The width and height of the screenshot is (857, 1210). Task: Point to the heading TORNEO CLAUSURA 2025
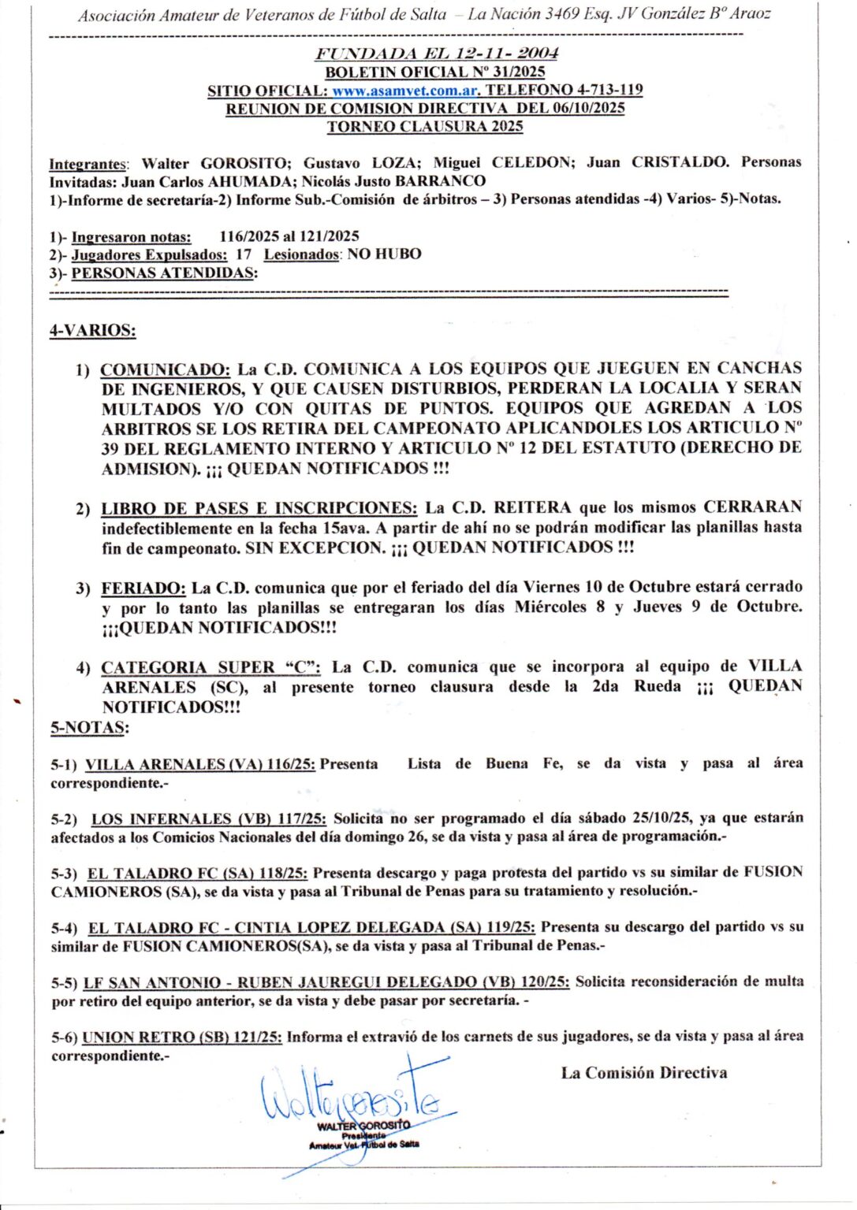click(x=425, y=127)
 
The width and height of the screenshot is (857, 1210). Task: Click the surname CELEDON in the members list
click(x=531, y=163)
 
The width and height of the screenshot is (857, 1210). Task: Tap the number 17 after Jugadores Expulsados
click(x=244, y=254)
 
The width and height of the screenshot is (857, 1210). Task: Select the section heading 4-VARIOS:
click(x=92, y=331)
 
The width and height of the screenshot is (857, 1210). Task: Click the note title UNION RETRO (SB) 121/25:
click(x=182, y=1037)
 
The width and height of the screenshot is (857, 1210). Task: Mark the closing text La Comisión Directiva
click(x=643, y=1073)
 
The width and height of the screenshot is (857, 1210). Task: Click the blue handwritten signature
click(x=355, y=1099)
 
